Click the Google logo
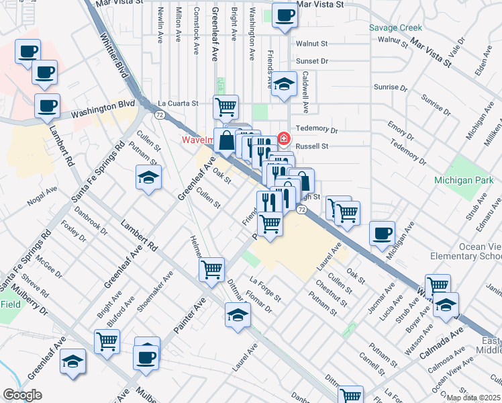point(22,395)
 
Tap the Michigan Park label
point(464,180)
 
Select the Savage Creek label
point(396,28)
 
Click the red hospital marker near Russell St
point(284,139)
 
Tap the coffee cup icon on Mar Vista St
point(285,15)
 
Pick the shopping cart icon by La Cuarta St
point(226,105)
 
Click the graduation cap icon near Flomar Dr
point(236,314)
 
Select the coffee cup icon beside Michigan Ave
point(383,233)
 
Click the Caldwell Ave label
point(305,92)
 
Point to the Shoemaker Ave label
point(155,289)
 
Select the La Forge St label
point(265,289)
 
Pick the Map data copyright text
point(473,398)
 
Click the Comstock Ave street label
point(197,24)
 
